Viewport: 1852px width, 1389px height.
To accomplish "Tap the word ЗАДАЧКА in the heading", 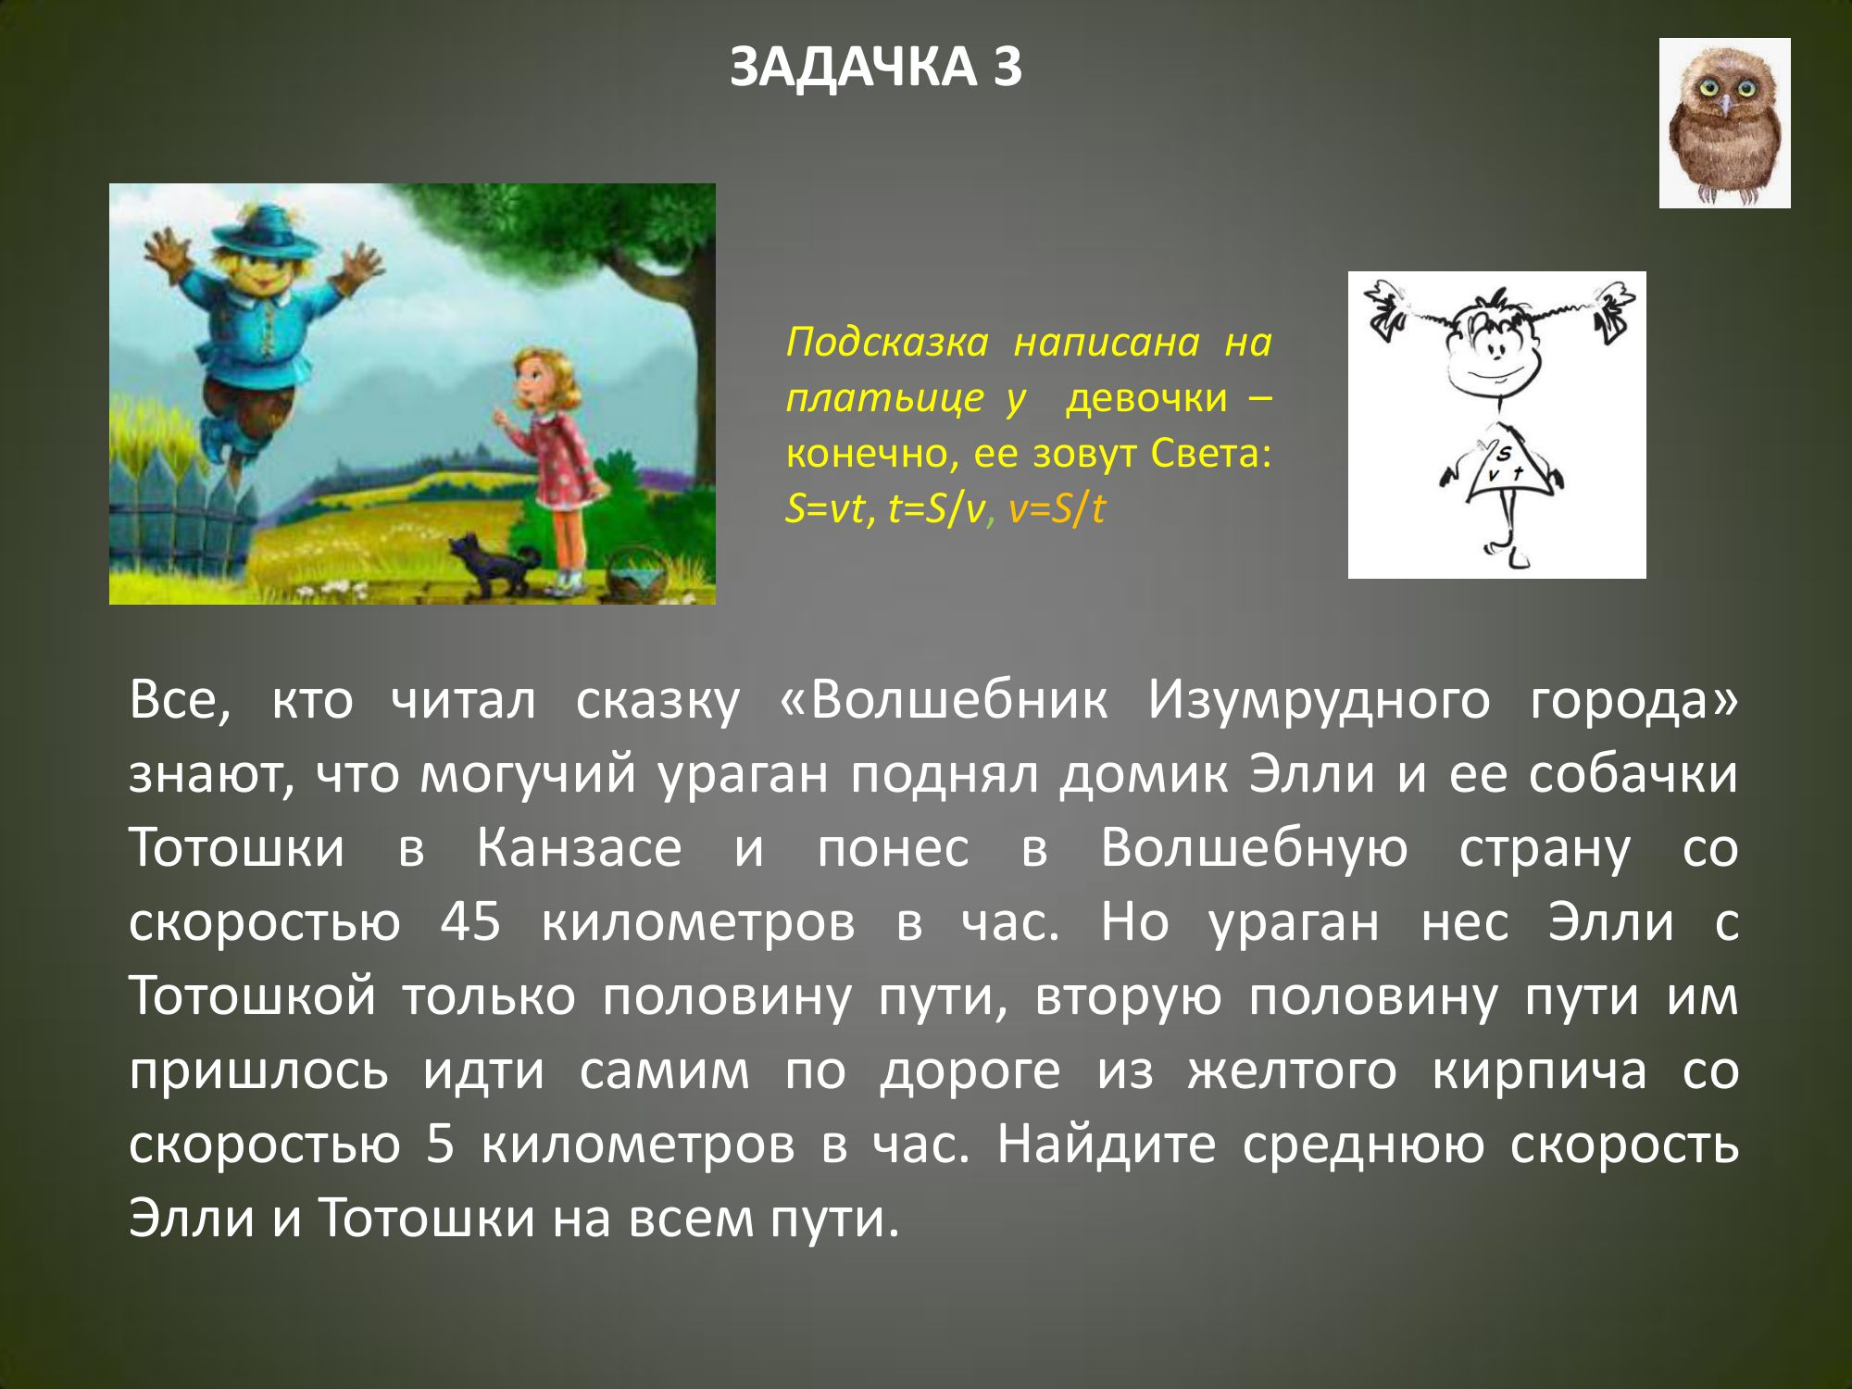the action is tap(853, 67).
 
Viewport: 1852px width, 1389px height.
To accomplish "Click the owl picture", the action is tap(1724, 123).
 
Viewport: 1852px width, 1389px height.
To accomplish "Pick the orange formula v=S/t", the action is tap(1057, 508).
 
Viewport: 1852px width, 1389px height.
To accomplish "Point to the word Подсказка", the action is tap(887, 343).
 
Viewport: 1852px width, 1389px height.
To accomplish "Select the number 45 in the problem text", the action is tap(470, 921).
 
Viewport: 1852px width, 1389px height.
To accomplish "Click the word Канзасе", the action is tap(579, 847).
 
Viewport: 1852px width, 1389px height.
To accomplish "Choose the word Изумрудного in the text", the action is tap(1319, 701).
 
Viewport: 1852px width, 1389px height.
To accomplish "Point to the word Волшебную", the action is tap(1254, 847).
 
